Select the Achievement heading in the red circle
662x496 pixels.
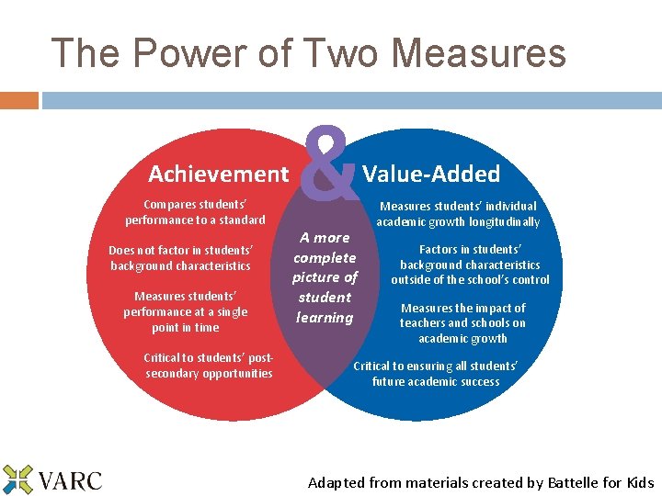pos(219,174)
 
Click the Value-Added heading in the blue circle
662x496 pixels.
pos(431,174)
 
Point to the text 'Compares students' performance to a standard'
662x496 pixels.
pos(195,212)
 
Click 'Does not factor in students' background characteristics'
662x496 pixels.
pos(180,258)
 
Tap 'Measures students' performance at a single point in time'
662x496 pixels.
pos(186,311)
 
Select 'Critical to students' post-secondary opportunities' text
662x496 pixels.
pos(209,366)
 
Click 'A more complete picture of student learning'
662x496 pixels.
pos(325,277)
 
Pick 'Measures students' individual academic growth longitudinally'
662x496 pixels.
pos(458,214)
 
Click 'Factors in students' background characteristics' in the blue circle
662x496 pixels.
pos(470,265)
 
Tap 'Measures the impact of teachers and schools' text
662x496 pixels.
pos(462,323)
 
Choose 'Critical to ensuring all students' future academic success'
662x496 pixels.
pos(436,373)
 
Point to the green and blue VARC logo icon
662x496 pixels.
pos(17,479)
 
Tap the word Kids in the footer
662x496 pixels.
pos(639,482)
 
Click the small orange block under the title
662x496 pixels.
pos(19,99)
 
